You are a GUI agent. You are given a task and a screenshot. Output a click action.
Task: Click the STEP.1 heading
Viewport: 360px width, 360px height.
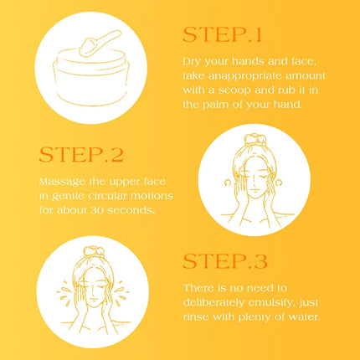(x=222, y=34)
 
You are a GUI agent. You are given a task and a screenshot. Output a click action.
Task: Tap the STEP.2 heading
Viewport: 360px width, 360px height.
(x=81, y=155)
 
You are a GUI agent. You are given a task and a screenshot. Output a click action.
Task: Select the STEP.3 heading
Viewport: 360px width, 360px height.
(x=225, y=261)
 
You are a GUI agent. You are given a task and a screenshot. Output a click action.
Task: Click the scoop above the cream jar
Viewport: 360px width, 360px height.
(x=100, y=43)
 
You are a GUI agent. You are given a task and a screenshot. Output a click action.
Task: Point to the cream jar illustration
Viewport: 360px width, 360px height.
(x=90, y=77)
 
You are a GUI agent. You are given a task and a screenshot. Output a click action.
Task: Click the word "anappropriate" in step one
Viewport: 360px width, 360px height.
(x=244, y=76)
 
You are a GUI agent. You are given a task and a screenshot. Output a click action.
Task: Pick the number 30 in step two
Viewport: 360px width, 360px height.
(x=97, y=210)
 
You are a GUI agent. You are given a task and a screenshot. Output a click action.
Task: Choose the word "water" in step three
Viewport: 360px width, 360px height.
(x=306, y=317)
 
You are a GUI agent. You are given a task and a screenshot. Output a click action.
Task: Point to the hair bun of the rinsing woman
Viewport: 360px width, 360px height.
(x=94, y=252)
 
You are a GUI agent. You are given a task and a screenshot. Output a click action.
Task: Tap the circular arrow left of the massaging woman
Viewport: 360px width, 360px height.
(x=228, y=183)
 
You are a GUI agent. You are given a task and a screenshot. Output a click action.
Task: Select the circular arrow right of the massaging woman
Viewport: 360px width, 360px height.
(x=278, y=183)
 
